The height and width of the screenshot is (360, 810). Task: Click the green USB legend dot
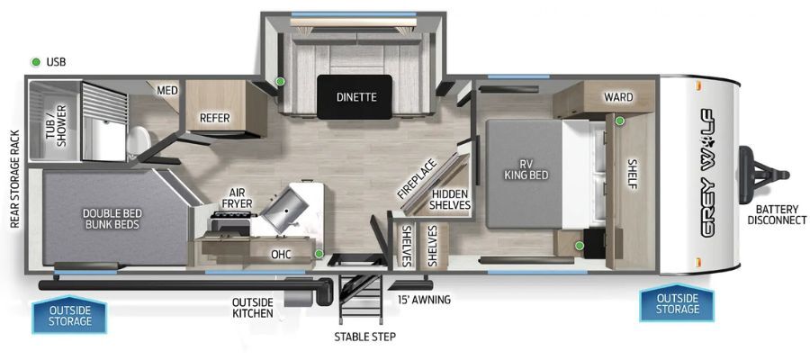coord(36,62)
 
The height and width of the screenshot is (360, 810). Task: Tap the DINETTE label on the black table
coord(355,96)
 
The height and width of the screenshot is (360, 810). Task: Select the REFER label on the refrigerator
coord(215,118)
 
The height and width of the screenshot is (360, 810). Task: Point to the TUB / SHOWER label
coord(57,125)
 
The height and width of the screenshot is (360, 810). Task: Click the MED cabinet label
coord(167,91)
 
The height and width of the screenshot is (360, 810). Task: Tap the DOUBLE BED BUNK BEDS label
coord(112,219)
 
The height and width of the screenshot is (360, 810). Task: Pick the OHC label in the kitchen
coord(281,254)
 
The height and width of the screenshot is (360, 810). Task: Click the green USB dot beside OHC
coord(319,254)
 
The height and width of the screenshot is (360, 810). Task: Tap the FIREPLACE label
coord(417,179)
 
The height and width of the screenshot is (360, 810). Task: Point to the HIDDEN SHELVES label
coord(451,200)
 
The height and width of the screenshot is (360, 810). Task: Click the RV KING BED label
coord(526,170)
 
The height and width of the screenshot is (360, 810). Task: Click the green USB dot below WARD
coord(619,121)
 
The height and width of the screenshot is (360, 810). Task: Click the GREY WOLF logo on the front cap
coord(707,174)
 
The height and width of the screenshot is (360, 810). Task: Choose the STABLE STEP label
coord(364,337)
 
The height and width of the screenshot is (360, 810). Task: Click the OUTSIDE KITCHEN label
coord(253,307)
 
